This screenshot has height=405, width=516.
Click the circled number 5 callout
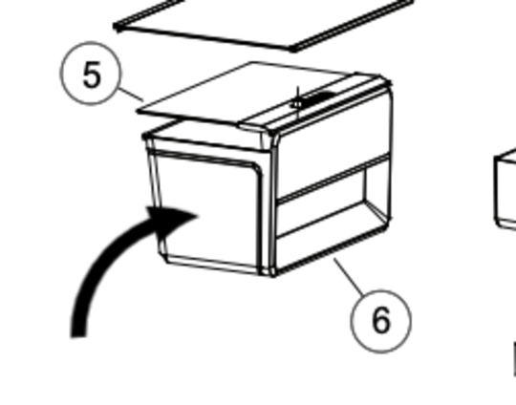coord(91,74)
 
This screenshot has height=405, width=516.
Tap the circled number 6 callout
coord(380,321)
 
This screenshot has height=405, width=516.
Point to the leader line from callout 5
coord(131,95)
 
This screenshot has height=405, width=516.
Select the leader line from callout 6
coord(349,276)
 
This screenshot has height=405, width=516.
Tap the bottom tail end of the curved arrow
coord(78,335)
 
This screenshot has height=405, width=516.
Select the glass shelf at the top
coord(264,25)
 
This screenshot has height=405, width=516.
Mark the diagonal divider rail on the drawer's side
coord(333,178)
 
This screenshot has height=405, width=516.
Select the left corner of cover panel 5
coord(139,112)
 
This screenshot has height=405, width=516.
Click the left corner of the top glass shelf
coord(116,27)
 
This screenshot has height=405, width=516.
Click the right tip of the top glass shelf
coord(413,2)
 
